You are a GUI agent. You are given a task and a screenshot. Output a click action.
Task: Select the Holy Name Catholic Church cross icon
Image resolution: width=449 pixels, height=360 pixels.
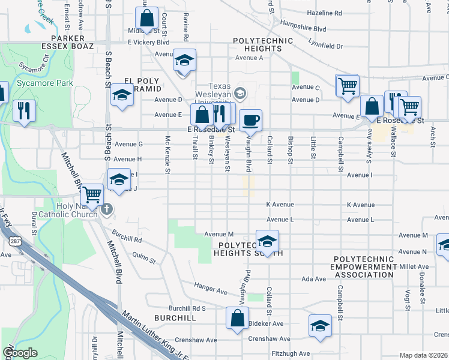click(107, 209)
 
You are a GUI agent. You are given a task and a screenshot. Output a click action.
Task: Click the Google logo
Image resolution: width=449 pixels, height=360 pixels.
click(20, 353)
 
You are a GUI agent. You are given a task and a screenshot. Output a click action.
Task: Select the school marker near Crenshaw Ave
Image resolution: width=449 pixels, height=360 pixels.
click(320, 326)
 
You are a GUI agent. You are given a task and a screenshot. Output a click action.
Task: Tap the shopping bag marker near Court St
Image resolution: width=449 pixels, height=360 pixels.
click(146, 18)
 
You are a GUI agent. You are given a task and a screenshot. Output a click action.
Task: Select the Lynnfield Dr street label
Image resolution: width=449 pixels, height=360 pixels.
click(325, 46)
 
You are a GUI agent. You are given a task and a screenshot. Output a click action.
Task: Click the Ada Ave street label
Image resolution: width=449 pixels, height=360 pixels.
click(313, 279)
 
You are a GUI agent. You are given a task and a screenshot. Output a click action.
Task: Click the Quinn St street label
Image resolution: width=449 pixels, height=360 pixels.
click(144, 259)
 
